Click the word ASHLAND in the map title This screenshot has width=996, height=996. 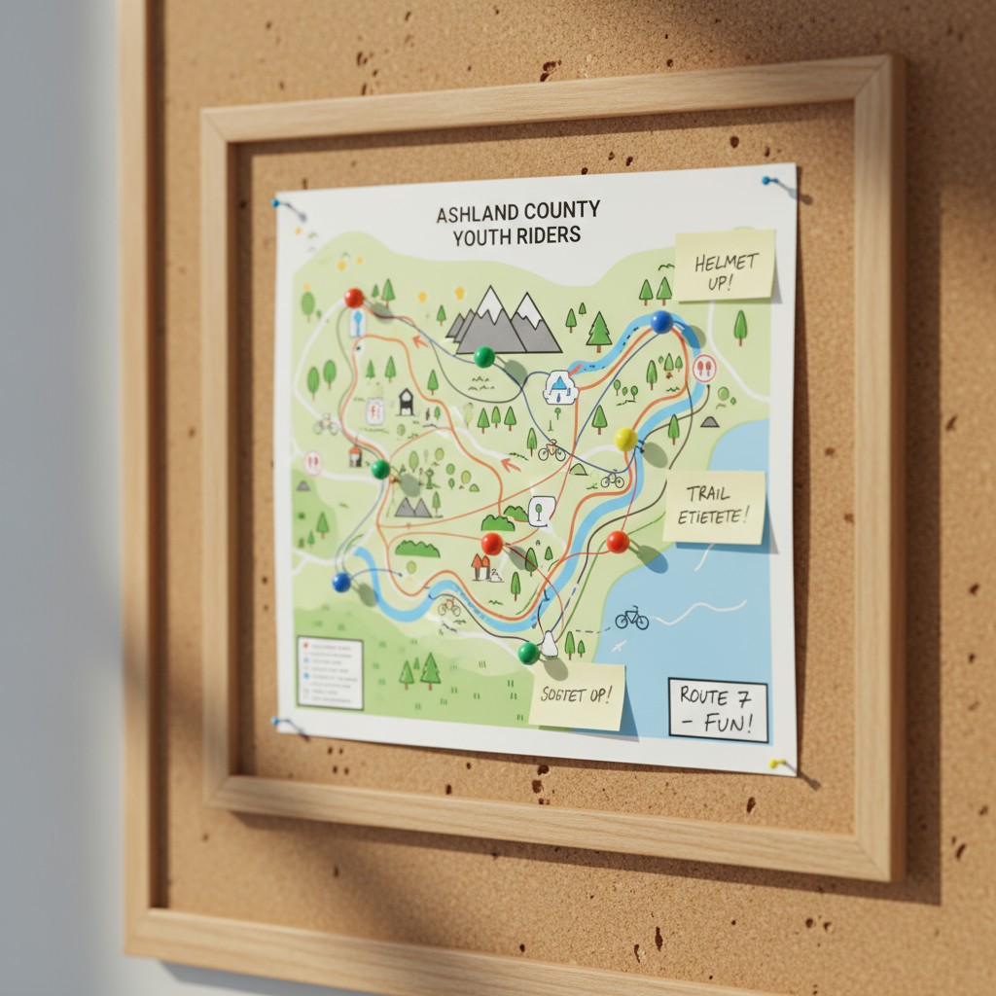(x=484, y=212)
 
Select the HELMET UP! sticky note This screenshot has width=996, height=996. (x=725, y=265)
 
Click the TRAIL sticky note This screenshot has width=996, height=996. (x=714, y=507)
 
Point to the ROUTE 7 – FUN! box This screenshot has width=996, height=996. (x=717, y=710)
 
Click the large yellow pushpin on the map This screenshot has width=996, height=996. (x=626, y=440)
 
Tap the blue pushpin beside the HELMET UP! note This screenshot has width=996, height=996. (x=661, y=321)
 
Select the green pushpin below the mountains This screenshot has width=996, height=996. (x=483, y=357)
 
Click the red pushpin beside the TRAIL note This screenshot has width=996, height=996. (x=618, y=542)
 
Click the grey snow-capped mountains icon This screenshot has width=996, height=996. (x=506, y=321)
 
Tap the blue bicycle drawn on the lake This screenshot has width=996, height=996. (x=631, y=618)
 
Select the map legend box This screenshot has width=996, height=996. (x=330, y=672)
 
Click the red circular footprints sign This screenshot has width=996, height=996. (x=705, y=368)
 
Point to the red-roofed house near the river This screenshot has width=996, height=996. (x=480, y=566)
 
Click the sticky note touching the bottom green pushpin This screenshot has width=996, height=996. (x=578, y=694)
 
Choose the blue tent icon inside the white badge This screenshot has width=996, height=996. (x=558, y=388)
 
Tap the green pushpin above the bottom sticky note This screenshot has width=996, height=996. (x=528, y=653)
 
